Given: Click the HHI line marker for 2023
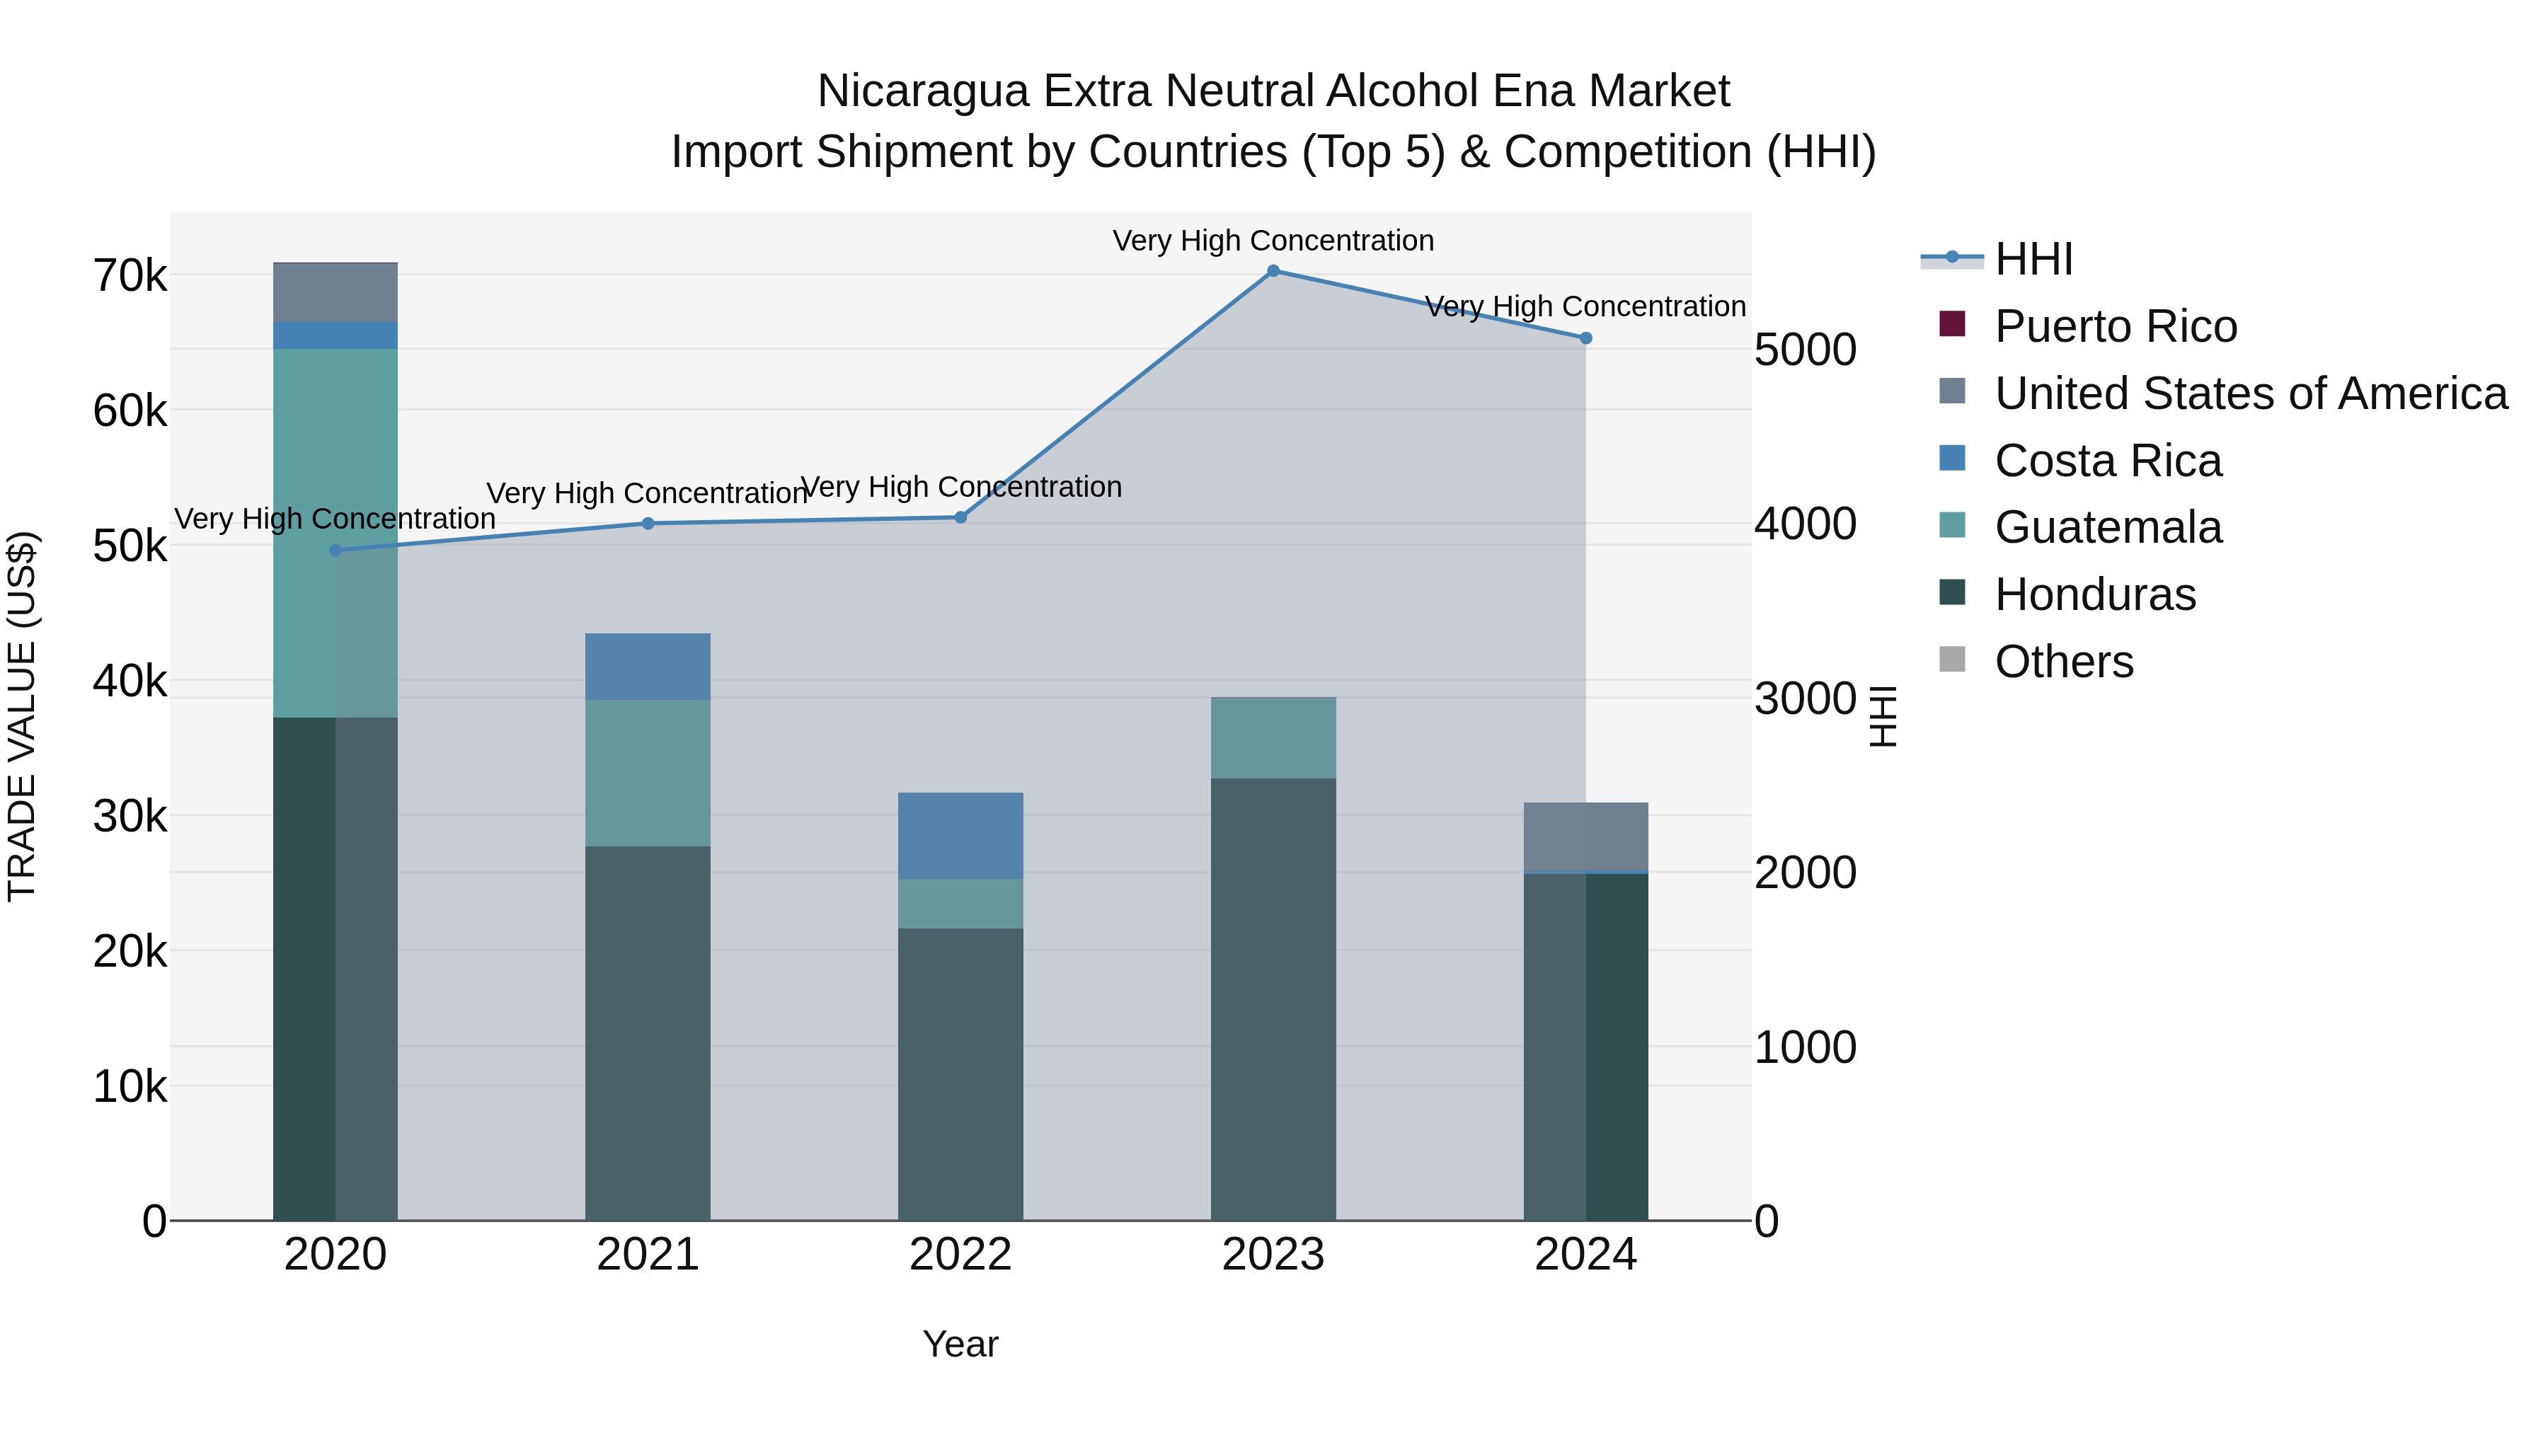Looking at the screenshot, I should pyautogui.click(x=1273, y=271).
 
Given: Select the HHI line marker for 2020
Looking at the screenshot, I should pyautogui.click(x=335, y=550).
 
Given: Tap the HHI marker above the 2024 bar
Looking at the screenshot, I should pyautogui.click(x=1585, y=338).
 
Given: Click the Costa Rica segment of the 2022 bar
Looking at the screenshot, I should pyautogui.click(x=960, y=836).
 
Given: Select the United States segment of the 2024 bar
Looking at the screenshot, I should pyautogui.click(x=1585, y=836).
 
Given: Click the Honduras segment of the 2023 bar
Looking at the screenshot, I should pyautogui.click(x=1273, y=999).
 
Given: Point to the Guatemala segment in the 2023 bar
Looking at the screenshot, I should pyautogui.click(x=1273, y=738).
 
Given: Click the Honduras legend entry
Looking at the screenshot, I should pyautogui.click(x=2094, y=594).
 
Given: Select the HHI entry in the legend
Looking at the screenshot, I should pyautogui.click(x=2033, y=259).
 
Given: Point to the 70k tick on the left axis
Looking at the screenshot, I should pyautogui.click(x=130, y=276).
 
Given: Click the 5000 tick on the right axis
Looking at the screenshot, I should pyautogui.click(x=1805, y=350).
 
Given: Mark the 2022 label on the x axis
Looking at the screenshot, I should pyautogui.click(x=960, y=1255).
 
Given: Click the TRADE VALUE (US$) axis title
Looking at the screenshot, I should pyautogui.click(x=23, y=716).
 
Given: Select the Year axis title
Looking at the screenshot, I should pyautogui.click(x=960, y=1344).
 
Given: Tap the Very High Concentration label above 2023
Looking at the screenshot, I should pyautogui.click(x=1273, y=241).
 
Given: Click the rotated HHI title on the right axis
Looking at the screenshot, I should pyautogui.click(x=1883, y=716).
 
